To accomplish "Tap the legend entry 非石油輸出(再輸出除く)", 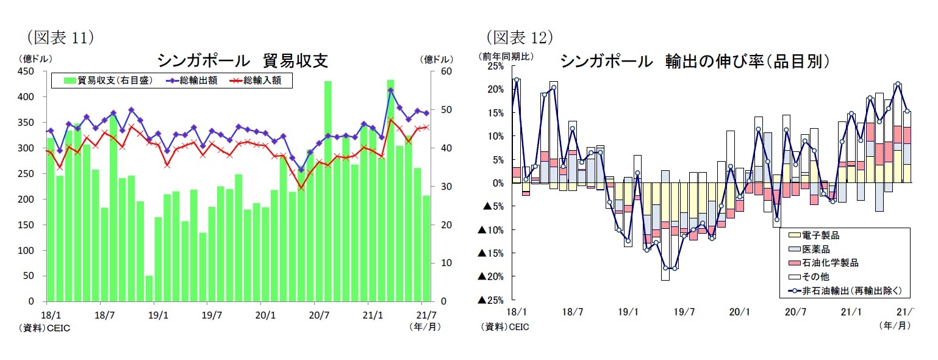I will click(x=848, y=291).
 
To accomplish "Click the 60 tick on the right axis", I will click(x=446, y=71).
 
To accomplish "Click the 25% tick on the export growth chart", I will click(x=495, y=66).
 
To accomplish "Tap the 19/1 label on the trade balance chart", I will click(x=157, y=315).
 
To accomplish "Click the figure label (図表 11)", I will click(x=60, y=38).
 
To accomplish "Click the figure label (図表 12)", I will click(x=518, y=38).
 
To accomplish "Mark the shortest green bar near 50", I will click(x=149, y=288).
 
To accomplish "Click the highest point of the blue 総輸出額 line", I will click(x=390, y=90).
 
